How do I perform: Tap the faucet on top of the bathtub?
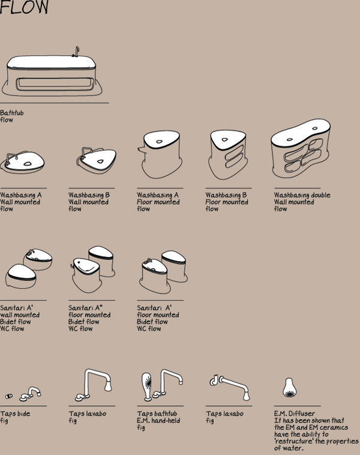[x=76, y=52]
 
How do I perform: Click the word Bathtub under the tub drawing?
[x=12, y=113]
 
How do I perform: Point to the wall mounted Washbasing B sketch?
[x=97, y=160]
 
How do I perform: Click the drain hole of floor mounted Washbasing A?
[x=159, y=142]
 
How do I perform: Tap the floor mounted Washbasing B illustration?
[x=228, y=155]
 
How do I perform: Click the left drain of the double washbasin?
[x=290, y=140]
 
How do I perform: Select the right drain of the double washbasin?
[x=315, y=128]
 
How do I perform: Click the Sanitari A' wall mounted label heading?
[x=16, y=307]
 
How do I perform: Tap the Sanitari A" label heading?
[x=86, y=307]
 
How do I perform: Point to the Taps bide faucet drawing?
[x=30, y=394]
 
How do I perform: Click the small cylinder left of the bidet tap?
[x=9, y=396]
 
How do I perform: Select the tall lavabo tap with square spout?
[x=94, y=385]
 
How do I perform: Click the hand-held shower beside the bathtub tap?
[x=147, y=387]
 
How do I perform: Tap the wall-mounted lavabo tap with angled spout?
[x=230, y=387]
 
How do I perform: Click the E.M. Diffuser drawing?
[x=289, y=387]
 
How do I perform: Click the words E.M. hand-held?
[x=158, y=420]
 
